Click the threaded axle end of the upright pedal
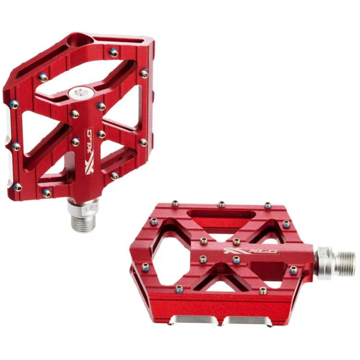click(84, 222)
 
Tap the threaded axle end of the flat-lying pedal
click(344, 263)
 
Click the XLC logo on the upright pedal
click(89, 149)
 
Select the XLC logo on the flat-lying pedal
click(251, 251)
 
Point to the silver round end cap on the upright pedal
click(81, 93)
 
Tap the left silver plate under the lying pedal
click(194, 319)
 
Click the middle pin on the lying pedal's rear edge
click(221, 204)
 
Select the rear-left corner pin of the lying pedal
click(175, 203)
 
